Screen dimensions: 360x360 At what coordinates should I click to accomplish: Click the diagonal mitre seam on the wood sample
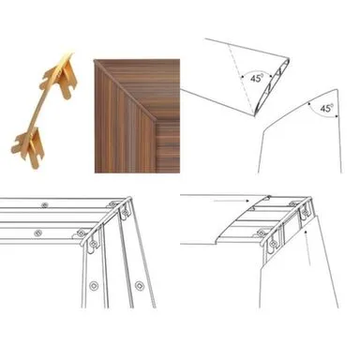click(x=125, y=91)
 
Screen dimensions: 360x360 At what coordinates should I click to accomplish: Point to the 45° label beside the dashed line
click(x=256, y=78)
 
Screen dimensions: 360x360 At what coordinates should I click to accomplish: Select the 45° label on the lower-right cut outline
click(x=326, y=109)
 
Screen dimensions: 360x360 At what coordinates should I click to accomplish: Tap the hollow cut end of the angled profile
click(x=273, y=86)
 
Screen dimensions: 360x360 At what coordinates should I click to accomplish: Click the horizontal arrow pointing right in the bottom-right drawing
click(x=232, y=201)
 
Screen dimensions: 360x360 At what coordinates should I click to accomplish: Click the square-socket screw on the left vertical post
click(x=94, y=285)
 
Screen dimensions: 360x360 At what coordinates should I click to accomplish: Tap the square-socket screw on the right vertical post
click(x=139, y=285)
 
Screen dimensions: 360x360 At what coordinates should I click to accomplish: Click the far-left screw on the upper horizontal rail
click(x=45, y=205)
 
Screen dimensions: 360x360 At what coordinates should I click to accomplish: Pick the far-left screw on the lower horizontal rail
click(x=37, y=232)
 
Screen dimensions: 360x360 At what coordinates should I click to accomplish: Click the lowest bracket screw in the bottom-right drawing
click(x=273, y=244)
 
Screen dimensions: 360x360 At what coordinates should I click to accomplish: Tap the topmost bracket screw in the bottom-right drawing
click(x=269, y=197)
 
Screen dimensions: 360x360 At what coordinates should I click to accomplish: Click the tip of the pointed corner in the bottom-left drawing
click(x=129, y=197)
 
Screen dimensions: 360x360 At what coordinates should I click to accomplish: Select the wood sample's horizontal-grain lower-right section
click(x=168, y=147)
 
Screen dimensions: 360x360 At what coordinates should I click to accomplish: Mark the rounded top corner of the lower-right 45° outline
click(x=336, y=90)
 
